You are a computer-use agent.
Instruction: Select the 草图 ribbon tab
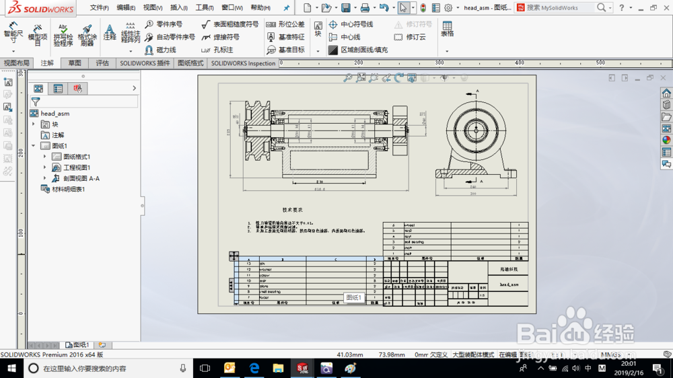click(75, 63)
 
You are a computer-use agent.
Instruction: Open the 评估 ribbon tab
click(102, 63)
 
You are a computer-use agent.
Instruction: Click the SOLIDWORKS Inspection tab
click(243, 63)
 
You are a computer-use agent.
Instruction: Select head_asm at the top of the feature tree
click(55, 114)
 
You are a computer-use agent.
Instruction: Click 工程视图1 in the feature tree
click(77, 167)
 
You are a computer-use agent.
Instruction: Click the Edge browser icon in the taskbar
click(254, 368)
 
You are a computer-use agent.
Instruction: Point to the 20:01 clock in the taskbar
click(629, 364)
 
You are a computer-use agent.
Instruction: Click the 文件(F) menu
click(100, 8)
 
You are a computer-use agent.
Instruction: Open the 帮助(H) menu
click(260, 8)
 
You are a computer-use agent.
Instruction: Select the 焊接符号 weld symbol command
click(226, 37)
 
